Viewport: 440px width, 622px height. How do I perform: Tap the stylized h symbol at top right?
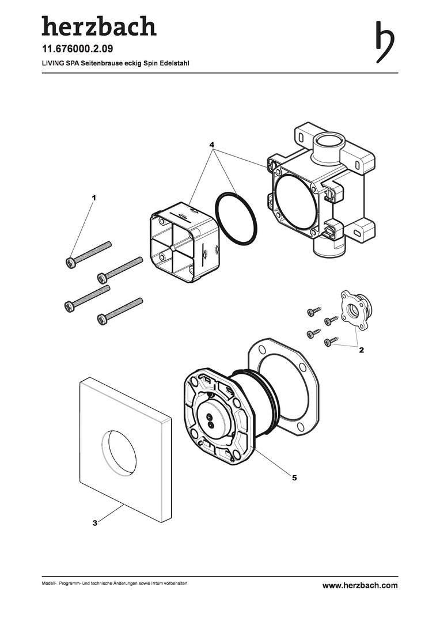[385, 42]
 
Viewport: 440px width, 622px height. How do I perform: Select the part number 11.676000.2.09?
[77, 49]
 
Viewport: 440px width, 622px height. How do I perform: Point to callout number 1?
[94, 197]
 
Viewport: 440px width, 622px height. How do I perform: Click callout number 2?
[361, 350]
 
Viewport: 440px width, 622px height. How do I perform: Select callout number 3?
[95, 523]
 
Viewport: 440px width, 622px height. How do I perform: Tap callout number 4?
[213, 144]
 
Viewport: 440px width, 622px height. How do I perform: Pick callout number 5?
[294, 477]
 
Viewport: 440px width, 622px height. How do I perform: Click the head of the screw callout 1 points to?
[70, 262]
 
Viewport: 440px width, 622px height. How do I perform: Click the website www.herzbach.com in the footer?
[360, 585]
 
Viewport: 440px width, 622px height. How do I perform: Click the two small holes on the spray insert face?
[210, 420]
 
